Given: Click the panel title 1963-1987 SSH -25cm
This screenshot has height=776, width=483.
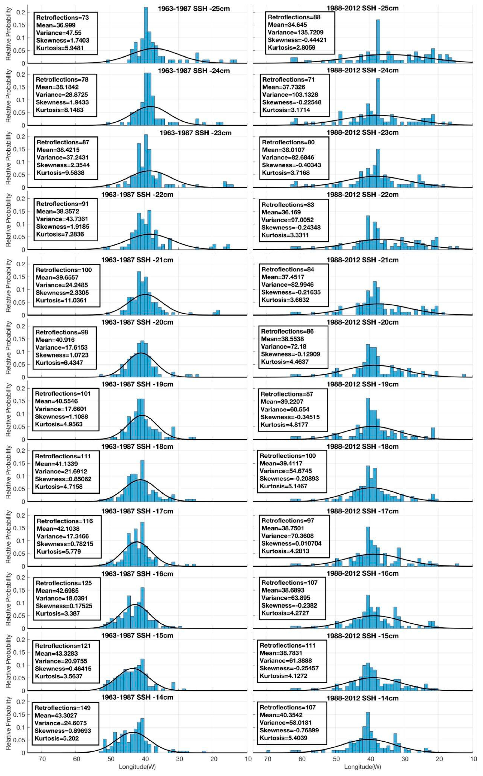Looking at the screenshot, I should point(194,9).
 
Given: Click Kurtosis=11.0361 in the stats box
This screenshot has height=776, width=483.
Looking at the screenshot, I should point(61,300).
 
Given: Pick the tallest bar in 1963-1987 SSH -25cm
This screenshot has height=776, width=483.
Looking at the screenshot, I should point(146,35).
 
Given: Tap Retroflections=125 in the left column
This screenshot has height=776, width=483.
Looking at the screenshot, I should point(64,583).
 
